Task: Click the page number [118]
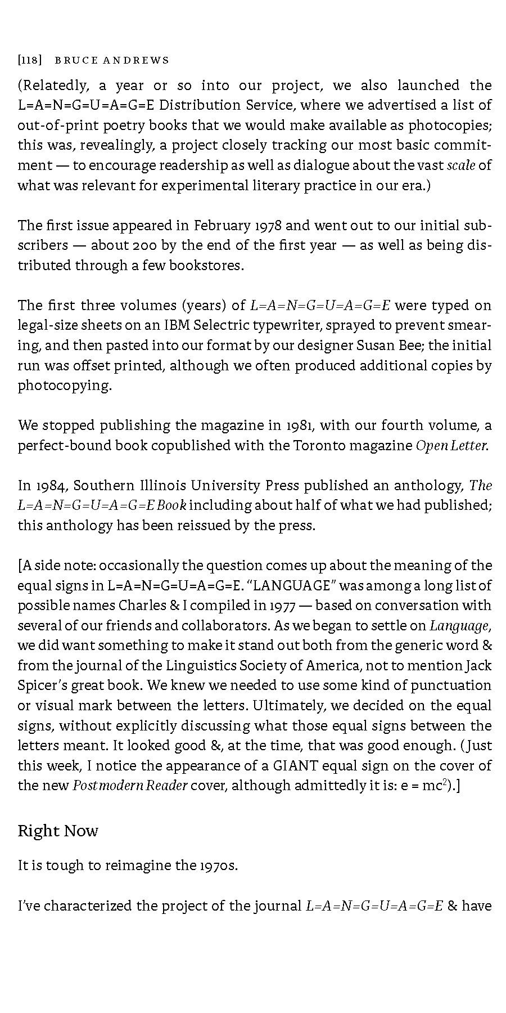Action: coord(30,60)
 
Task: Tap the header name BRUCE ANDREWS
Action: coord(112,60)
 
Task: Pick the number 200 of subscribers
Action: coord(133,245)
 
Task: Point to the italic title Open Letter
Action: coord(451,445)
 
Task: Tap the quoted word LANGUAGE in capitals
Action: coord(291,585)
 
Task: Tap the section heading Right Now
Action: coord(58,831)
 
